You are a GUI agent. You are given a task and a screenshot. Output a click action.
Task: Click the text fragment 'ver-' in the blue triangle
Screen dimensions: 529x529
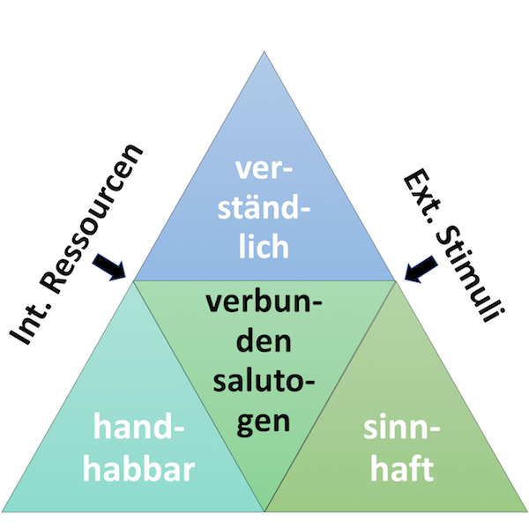pyautogui.click(x=264, y=170)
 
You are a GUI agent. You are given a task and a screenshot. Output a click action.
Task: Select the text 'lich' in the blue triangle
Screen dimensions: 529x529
pyautogui.click(x=264, y=246)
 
